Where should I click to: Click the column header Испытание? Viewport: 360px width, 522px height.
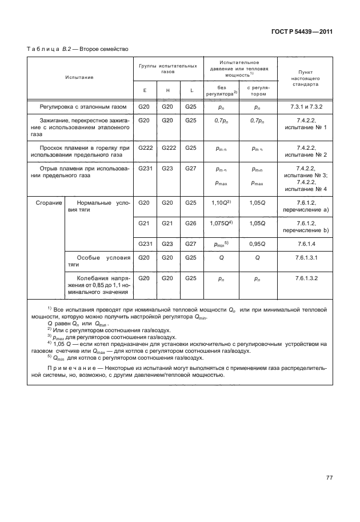(x=79, y=77)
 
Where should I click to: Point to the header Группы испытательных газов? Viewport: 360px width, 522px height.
(x=167, y=69)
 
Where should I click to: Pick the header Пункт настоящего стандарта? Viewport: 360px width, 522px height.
(x=304, y=76)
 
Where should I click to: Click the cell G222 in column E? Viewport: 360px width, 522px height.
(x=145, y=148)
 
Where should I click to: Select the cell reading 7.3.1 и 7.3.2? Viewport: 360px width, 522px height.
(x=304, y=106)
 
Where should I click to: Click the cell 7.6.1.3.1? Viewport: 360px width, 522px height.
(x=304, y=258)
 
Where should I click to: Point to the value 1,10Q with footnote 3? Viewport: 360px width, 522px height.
(x=221, y=202)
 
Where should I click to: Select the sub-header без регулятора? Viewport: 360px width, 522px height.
(x=221, y=89)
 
